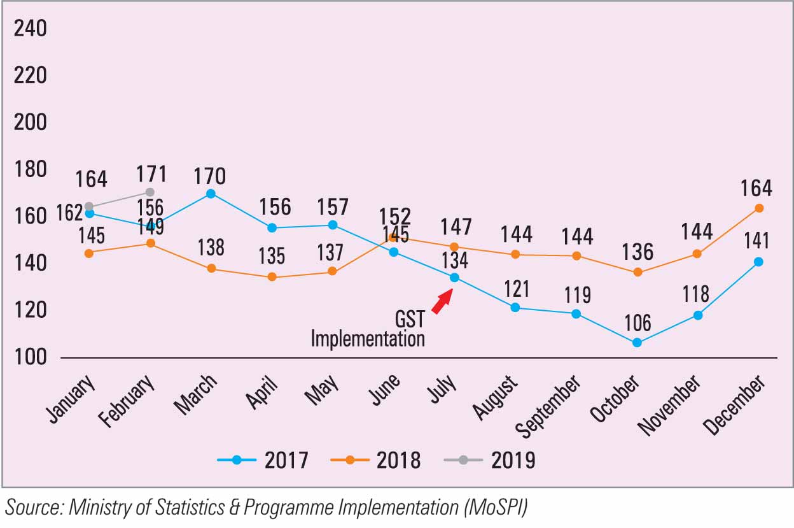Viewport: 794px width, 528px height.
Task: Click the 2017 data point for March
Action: click(211, 194)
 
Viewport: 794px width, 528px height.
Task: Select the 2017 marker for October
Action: click(637, 343)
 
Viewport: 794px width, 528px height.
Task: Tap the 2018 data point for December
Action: click(759, 208)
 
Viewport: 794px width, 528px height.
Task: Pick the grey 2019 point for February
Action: click(150, 192)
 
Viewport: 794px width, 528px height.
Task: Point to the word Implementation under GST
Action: click(368, 338)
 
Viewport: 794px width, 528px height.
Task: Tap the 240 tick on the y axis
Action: click(31, 29)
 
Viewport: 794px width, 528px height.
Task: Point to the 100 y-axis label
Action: click(31, 357)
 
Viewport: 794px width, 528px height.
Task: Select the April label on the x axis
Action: click(262, 392)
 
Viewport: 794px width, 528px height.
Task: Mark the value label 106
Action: click(637, 322)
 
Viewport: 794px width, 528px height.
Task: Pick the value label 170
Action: click(211, 175)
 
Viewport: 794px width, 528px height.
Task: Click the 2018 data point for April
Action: click(272, 277)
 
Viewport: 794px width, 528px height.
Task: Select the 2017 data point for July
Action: click(454, 277)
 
